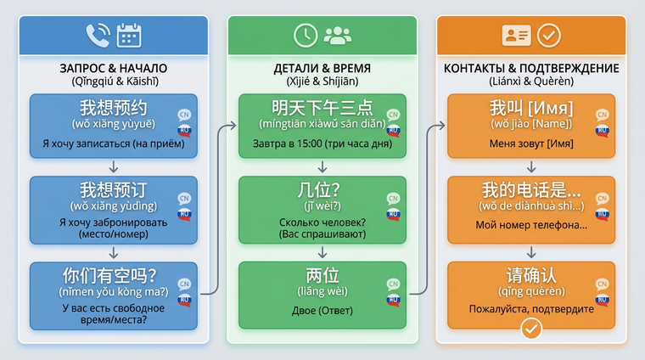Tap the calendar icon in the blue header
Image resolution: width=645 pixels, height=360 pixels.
[129, 35]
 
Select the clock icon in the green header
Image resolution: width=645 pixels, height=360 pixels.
[304, 35]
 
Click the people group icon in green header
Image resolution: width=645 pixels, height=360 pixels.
[337, 35]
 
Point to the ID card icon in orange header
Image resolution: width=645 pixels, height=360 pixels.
[516, 35]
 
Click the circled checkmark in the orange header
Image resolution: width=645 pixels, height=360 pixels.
[549, 35]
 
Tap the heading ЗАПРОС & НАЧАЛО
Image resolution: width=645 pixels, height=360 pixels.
[114, 68]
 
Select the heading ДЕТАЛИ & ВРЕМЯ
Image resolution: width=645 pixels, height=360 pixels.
[322, 68]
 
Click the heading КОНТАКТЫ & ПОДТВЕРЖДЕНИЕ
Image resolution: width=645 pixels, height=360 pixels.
[531, 68]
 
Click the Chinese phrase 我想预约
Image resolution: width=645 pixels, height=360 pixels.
[114, 108]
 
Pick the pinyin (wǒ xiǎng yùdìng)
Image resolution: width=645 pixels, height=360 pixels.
[114, 205]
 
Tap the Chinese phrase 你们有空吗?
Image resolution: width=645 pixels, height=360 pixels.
[114, 277]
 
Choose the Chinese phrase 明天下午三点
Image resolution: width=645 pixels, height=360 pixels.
[322, 108]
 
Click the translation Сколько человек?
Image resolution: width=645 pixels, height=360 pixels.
[322, 222]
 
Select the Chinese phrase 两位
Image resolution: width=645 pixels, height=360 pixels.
[322, 276]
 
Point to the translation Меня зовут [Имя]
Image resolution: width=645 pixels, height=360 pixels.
[531, 143]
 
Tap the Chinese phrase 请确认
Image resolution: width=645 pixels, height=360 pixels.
[531, 276]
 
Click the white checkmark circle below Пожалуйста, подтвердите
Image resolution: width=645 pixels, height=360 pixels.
[531, 329]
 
